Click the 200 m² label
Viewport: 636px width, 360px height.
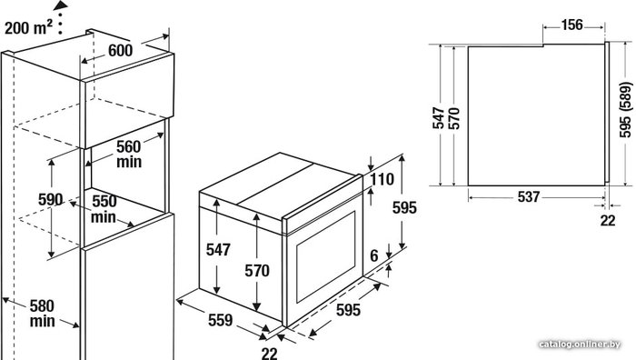[x=28, y=26]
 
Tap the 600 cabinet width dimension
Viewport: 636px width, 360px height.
[x=121, y=50]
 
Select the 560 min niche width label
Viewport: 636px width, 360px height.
[x=129, y=154]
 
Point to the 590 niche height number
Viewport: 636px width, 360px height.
[x=51, y=199]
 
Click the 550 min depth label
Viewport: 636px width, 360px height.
[x=104, y=208]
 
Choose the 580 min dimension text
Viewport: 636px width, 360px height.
[x=42, y=314]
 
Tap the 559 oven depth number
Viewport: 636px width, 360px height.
[x=221, y=320]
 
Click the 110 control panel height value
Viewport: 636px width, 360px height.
[x=382, y=179]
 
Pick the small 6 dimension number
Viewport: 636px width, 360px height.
[x=374, y=255]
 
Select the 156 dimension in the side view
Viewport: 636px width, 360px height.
[x=571, y=25]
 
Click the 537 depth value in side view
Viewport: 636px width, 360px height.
[x=529, y=197]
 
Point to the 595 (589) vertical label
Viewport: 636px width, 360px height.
[x=626, y=110]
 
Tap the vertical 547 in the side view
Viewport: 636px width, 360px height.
[x=439, y=118]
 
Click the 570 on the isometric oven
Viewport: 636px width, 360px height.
[x=257, y=270]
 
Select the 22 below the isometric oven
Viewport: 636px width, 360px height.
[x=269, y=354]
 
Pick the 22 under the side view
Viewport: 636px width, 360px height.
[x=608, y=220]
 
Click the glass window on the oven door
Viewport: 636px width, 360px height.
[x=325, y=257]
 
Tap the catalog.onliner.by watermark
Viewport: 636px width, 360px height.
[x=580, y=345]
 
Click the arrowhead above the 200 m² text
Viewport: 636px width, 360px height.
[x=61, y=5]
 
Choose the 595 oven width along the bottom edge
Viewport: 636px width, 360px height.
[x=348, y=310]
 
